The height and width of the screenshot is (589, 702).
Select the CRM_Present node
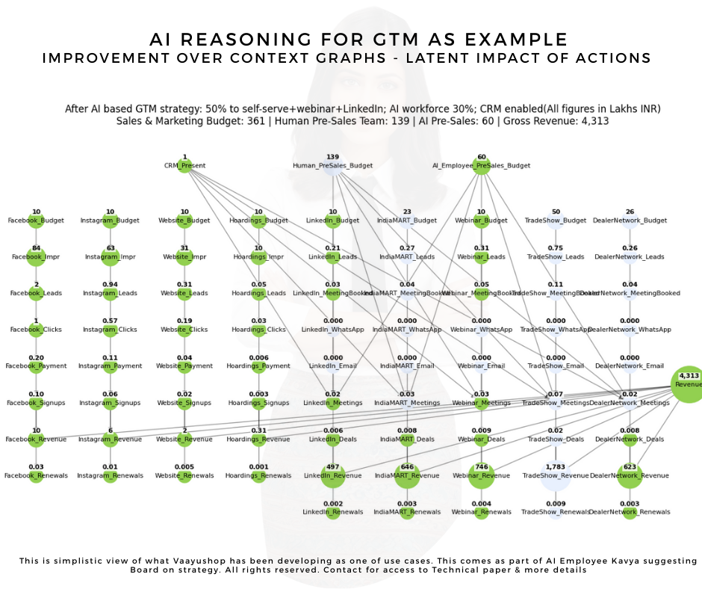[184, 165]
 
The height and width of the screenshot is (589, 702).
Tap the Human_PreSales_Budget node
[332, 165]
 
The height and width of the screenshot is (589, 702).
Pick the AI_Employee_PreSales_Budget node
[481, 165]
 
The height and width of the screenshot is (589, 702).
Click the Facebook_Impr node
[36, 256]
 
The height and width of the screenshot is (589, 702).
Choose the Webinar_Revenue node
[481, 475]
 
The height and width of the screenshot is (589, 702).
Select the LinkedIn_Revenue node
[332, 475]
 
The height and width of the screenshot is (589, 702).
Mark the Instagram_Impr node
[110, 256]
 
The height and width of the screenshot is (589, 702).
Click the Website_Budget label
[184, 221]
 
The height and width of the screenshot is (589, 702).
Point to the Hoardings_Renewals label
[258, 476]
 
